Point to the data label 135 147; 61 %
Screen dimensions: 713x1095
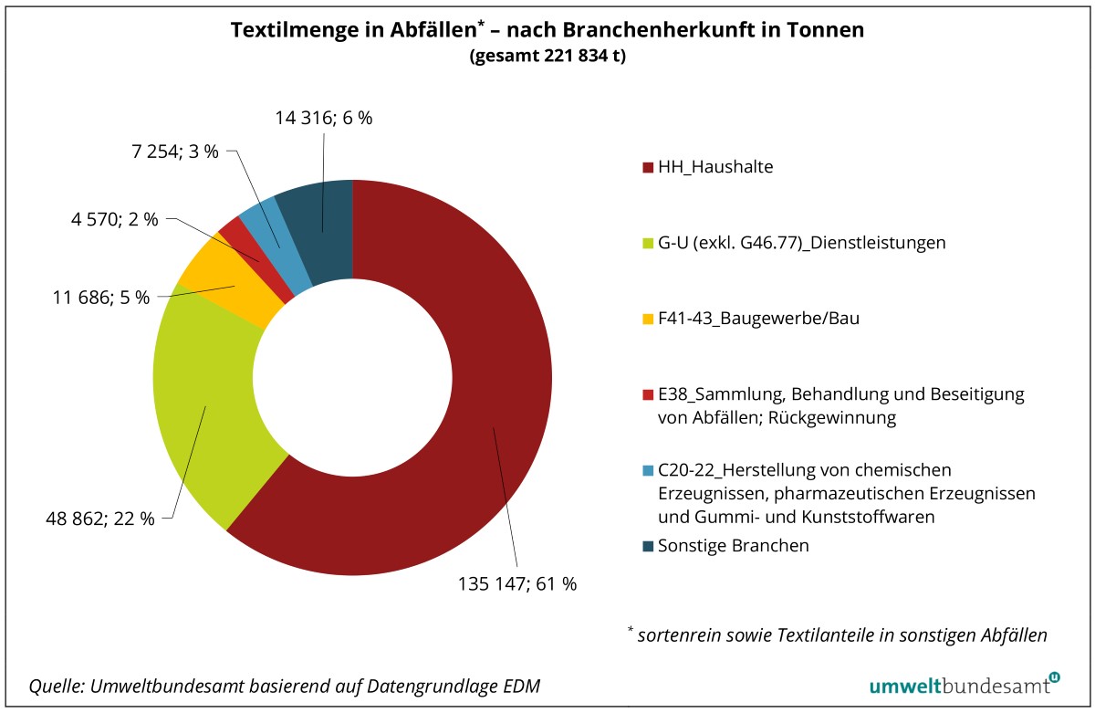point(516,584)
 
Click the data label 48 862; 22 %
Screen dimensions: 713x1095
point(100,519)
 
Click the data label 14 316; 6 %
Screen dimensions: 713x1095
point(324,117)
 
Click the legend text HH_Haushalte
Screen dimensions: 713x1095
point(715,167)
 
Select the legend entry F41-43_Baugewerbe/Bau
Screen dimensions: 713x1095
point(758,319)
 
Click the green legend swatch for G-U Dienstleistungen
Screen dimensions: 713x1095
point(648,244)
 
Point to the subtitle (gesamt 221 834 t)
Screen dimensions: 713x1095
point(547,57)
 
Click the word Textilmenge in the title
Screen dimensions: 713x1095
point(284,29)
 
